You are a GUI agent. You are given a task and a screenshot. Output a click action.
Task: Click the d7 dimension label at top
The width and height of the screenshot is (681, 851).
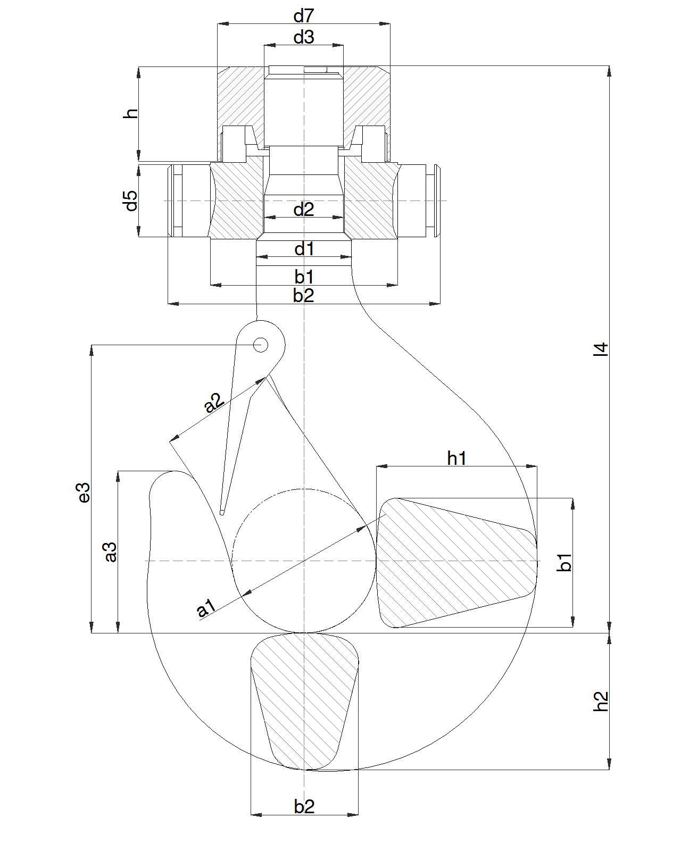pos(304,16)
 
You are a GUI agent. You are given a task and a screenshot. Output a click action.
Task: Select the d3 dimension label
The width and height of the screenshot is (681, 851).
pos(304,37)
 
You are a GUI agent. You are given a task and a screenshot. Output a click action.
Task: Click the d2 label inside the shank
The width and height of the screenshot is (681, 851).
pos(304,210)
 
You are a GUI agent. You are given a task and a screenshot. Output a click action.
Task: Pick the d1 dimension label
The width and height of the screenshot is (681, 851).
pos(304,249)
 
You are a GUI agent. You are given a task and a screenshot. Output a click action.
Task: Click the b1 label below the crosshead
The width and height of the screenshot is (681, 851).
pos(304,277)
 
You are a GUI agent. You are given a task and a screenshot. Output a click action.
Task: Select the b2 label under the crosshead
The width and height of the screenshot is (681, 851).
pos(304,296)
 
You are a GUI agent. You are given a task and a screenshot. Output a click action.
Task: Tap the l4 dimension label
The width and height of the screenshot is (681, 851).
pos(600,349)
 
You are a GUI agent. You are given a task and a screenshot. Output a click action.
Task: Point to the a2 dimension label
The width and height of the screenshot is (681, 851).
pos(214,403)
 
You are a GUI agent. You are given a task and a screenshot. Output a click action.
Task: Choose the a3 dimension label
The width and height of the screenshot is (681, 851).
pos(110,552)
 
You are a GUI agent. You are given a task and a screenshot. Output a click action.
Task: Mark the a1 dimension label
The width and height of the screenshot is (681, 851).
pos(206,608)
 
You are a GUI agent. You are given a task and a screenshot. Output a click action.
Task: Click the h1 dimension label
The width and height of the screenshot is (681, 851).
pos(456,457)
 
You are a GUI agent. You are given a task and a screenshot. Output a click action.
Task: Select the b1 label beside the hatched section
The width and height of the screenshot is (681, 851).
pos(565,562)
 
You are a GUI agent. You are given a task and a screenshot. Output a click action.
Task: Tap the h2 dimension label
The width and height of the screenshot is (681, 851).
pos(600,701)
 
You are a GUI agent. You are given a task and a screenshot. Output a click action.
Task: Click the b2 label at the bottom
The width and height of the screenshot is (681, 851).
pos(304,807)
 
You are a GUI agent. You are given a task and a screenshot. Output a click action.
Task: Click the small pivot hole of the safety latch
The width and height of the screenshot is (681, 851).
pos(260,345)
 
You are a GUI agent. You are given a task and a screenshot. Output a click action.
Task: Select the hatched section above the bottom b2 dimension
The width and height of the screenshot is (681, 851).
pos(304,697)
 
